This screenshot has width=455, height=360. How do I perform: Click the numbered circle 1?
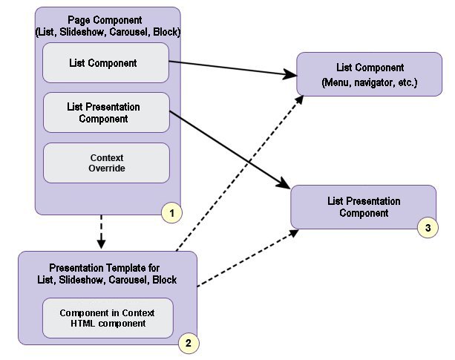click(x=171, y=213)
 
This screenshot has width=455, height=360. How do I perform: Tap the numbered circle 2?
click(x=187, y=343)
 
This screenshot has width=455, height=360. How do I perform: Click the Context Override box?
click(x=107, y=163)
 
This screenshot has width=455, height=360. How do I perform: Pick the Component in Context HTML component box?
click(x=108, y=317)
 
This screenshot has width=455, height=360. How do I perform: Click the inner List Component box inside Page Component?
click(x=107, y=63)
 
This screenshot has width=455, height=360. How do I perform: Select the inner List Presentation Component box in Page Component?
click(x=107, y=113)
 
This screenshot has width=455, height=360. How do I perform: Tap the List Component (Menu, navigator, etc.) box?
click(x=369, y=74)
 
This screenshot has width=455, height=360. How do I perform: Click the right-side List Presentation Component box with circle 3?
click(x=363, y=207)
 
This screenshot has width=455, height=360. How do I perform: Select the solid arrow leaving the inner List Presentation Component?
click(x=230, y=149)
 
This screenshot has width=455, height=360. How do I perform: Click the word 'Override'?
click(x=106, y=168)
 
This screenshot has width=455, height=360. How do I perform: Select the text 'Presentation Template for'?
click(x=104, y=267)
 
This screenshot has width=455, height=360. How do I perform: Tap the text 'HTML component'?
click(x=108, y=323)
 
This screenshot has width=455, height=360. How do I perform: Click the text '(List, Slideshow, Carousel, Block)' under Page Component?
click(x=108, y=32)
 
